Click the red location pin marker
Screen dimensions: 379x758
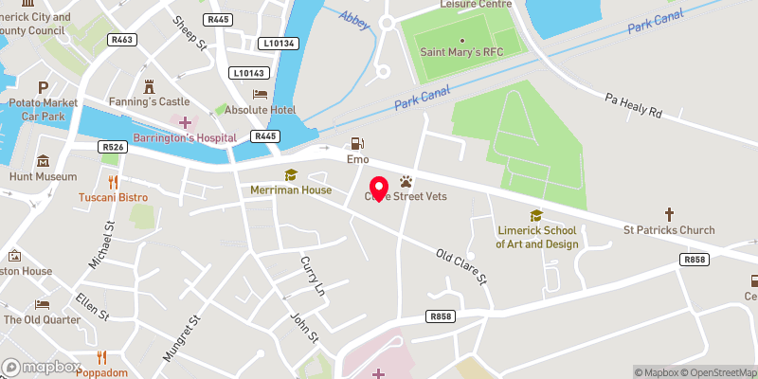click(x=378, y=189)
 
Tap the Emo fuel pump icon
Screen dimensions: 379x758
click(x=357, y=144)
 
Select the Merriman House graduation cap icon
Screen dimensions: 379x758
click(x=291, y=174)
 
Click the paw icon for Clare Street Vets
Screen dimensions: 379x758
click(x=406, y=180)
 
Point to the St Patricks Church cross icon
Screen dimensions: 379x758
click(x=669, y=214)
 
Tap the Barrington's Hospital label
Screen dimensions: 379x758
click(x=185, y=138)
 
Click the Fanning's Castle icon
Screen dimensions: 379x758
click(x=148, y=85)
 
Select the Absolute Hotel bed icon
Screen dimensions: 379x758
click(x=260, y=94)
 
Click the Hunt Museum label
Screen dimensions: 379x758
click(x=43, y=176)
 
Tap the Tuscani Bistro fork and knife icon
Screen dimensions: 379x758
click(x=113, y=181)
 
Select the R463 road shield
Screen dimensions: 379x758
click(x=122, y=40)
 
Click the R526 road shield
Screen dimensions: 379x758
click(x=113, y=147)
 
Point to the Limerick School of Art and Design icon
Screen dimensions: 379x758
click(x=536, y=215)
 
